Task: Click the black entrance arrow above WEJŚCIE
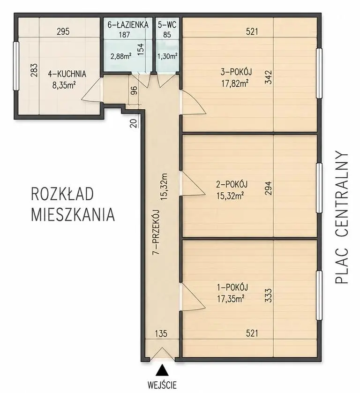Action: [162, 370]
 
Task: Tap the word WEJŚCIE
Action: [162, 384]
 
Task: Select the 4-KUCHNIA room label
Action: [67, 74]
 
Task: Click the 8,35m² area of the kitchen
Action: [64, 85]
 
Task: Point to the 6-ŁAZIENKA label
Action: [128, 24]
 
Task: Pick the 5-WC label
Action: [167, 24]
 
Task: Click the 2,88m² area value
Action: [121, 56]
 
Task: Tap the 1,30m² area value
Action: [167, 56]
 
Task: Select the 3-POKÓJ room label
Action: [236, 72]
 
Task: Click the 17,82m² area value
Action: [235, 83]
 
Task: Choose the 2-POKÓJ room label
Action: [232, 184]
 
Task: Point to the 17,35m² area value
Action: [231, 299]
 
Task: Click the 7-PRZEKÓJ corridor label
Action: [156, 232]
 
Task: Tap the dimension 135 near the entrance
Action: [161, 333]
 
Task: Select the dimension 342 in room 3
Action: [268, 77]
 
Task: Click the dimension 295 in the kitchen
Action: [63, 32]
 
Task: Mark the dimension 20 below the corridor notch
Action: [134, 123]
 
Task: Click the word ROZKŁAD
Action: [62, 194]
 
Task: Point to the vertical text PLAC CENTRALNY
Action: [341, 217]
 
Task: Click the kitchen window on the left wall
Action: [16, 66]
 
